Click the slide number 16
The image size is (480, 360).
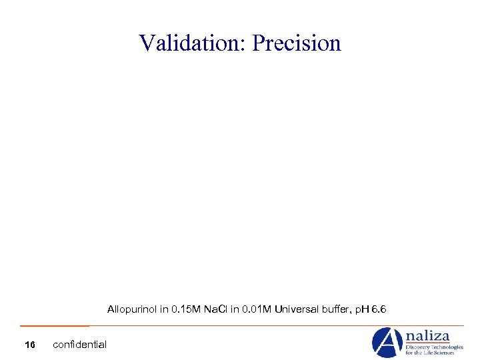click(29, 345)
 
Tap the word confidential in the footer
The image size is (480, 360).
click(79, 345)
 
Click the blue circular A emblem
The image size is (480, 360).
click(387, 343)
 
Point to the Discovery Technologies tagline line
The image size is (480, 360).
click(435, 347)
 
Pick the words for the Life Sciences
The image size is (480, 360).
click(430, 353)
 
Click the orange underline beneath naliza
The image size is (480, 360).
click(427, 343)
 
